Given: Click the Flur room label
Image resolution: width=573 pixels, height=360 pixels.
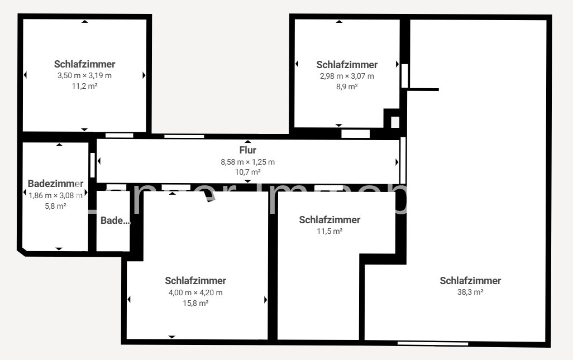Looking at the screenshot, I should (247, 150).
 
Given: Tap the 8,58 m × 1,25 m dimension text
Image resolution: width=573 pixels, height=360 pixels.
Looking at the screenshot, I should (247, 162).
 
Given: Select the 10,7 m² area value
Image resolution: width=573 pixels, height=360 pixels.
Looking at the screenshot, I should (247, 172).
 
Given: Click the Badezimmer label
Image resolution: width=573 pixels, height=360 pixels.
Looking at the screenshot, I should (55, 184).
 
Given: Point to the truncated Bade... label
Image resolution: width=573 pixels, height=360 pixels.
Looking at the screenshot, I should (115, 220).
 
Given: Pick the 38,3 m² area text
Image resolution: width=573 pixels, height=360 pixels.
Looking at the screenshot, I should (470, 291).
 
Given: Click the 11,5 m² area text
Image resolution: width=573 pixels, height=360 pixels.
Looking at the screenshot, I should (330, 231).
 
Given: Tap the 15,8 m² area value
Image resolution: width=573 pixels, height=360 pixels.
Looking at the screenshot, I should (195, 303).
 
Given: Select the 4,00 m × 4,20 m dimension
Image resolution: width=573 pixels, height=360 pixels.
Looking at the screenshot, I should (195, 292).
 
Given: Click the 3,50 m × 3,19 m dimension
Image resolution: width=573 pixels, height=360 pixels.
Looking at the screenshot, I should (84, 75).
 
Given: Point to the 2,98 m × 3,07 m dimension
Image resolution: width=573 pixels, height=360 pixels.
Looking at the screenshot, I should (347, 76).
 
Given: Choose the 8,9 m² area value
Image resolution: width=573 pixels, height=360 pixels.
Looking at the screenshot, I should (347, 87).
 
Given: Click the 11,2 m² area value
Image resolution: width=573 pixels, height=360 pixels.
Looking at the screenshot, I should (84, 86).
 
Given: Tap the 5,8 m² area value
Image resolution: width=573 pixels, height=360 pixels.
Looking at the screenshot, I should (55, 206).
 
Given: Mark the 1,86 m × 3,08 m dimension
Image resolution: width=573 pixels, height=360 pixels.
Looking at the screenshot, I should (55, 195).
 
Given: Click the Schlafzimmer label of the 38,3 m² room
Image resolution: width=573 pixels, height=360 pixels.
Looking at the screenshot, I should (470, 281).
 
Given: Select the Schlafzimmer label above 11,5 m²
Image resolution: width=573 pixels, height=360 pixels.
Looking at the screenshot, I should (330, 220).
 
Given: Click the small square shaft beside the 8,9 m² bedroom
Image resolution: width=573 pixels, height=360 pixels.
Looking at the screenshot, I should (395, 122).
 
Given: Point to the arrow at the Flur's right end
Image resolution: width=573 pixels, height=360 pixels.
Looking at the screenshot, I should (397, 162).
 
